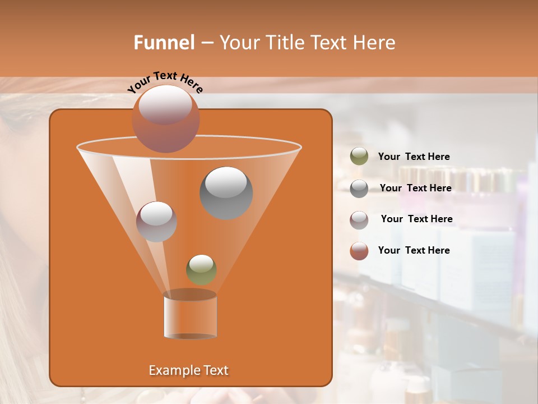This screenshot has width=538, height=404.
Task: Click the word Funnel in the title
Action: pos(164,43)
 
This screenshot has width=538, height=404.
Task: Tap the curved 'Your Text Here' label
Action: pos(165,81)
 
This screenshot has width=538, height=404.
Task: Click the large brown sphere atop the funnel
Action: pos(166,118)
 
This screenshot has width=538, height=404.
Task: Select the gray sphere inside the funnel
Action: pos(226,192)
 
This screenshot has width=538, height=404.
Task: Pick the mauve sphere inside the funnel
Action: pos(156,221)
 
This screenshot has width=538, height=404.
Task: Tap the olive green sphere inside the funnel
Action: pos(201,269)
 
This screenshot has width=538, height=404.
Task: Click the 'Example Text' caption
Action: pos(188,370)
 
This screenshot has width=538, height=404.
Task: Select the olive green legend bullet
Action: pos(359,157)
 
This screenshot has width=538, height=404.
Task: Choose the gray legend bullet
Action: pos(359,189)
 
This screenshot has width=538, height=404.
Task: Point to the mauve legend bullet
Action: pos(359,219)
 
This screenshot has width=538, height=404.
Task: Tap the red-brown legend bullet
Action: pos(359,251)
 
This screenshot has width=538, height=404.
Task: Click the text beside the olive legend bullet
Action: pos(414,157)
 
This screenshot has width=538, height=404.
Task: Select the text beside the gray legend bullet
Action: pos(415,189)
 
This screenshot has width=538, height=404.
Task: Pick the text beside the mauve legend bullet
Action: pos(416,219)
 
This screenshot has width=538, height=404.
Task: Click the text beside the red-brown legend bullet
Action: pos(414,251)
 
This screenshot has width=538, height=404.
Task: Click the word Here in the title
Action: pos(374,43)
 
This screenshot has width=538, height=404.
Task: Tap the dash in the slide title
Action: pos(206,43)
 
